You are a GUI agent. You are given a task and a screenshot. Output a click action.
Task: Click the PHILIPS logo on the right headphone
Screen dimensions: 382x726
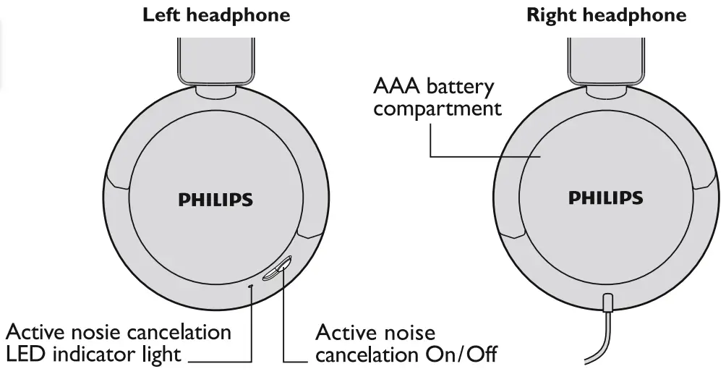click(x=605, y=198)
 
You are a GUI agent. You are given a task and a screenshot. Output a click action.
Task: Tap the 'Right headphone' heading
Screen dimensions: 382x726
click(x=606, y=15)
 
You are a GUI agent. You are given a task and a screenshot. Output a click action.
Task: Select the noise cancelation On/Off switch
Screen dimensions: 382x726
click(x=277, y=268)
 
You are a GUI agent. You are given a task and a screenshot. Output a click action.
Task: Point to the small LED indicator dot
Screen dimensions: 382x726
click(x=251, y=286)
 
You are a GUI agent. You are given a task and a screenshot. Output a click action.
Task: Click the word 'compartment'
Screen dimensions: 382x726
click(x=437, y=109)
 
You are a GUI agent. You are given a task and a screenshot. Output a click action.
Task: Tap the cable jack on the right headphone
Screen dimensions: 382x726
click(x=608, y=301)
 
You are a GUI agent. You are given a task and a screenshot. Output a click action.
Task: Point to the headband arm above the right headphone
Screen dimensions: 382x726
click(x=605, y=61)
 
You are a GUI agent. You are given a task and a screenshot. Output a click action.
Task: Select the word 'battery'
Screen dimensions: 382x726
click(x=461, y=88)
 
